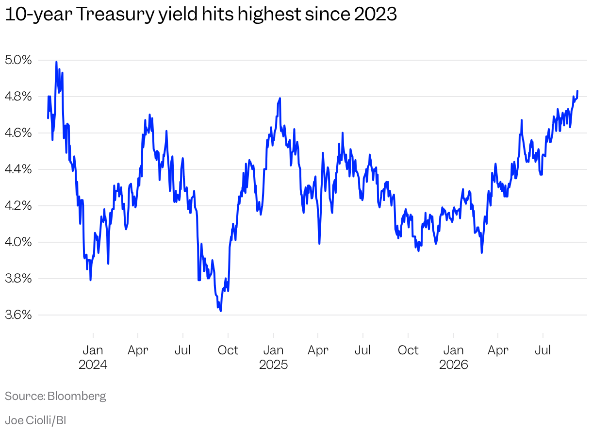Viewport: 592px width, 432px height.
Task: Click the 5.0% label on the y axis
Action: (18, 60)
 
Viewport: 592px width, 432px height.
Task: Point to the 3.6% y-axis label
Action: (18, 315)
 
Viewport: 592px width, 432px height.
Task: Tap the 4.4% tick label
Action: (18, 169)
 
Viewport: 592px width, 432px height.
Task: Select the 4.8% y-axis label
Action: (18, 97)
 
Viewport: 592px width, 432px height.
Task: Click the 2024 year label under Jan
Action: (93, 365)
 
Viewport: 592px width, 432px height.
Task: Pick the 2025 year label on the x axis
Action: (273, 365)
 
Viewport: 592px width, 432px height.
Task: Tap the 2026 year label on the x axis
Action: (454, 365)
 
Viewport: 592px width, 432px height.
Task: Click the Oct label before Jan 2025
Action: (228, 350)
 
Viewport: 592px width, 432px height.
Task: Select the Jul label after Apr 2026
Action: (543, 350)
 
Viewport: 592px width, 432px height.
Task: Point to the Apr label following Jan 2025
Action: (318, 350)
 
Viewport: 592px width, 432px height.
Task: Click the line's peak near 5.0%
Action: (56, 62)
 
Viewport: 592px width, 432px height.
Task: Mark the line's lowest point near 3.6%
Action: (221, 311)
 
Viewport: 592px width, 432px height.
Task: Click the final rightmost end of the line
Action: (577, 91)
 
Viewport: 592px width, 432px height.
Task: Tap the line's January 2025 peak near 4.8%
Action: (280, 99)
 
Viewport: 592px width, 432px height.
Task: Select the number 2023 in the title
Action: (375, 14)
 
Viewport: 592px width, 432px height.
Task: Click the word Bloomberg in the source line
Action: (77, 396)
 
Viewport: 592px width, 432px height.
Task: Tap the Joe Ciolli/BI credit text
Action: (35, 420)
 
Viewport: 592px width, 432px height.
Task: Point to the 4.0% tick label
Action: (18, 242)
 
